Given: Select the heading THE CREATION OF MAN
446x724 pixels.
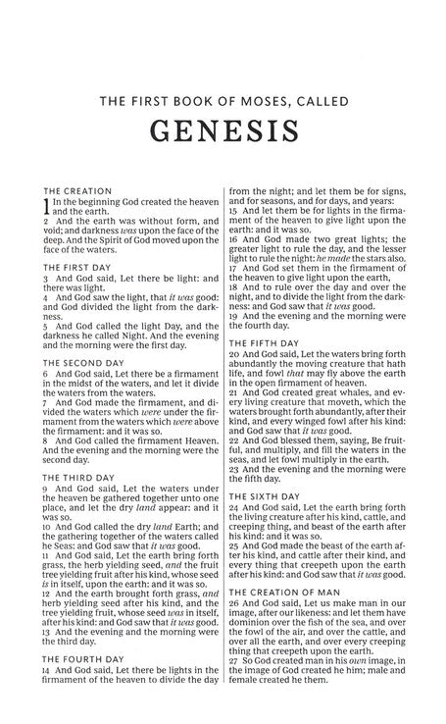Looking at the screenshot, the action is pos(283,593).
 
